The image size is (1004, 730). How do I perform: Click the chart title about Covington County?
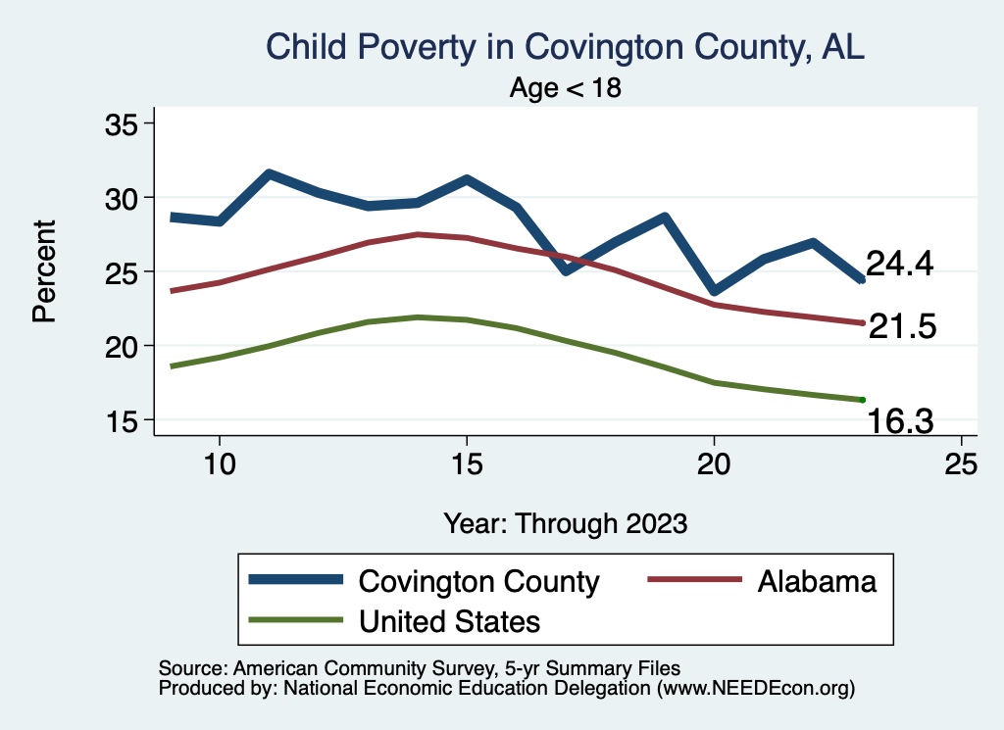pos(566,47)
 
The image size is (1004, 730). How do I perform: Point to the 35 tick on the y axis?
pos(123,123)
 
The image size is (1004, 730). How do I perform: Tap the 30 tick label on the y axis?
pos(123,198)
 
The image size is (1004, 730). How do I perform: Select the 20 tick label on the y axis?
pos(123,346)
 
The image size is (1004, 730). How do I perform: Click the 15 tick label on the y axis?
pos(123,420)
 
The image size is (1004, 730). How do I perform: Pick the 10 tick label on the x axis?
pos(219,464)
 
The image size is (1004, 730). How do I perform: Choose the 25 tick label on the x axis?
pos(961,464)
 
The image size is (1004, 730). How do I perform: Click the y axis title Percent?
pos(44,271)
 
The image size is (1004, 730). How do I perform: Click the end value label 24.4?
pos(899,264)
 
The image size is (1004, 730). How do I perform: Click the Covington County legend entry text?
pos(478,581)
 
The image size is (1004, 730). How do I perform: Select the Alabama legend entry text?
pos(816,581)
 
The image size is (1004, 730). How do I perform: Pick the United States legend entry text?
pos(450,620)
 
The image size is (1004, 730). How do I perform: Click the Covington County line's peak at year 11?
pos(269,174)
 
